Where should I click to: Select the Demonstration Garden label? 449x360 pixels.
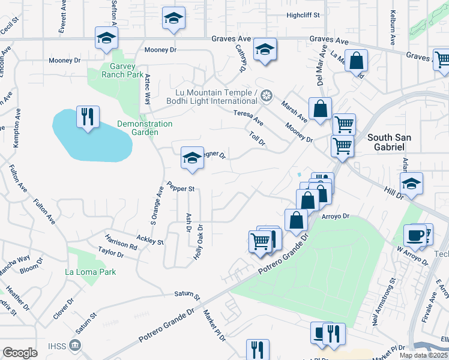click(145, 128)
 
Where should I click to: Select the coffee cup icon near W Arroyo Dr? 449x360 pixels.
click(414, 235)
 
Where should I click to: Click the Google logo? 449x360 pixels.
click(20, 353)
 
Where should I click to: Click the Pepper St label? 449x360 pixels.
click(181, 188)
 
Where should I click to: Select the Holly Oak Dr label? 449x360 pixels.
click(199, 241)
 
